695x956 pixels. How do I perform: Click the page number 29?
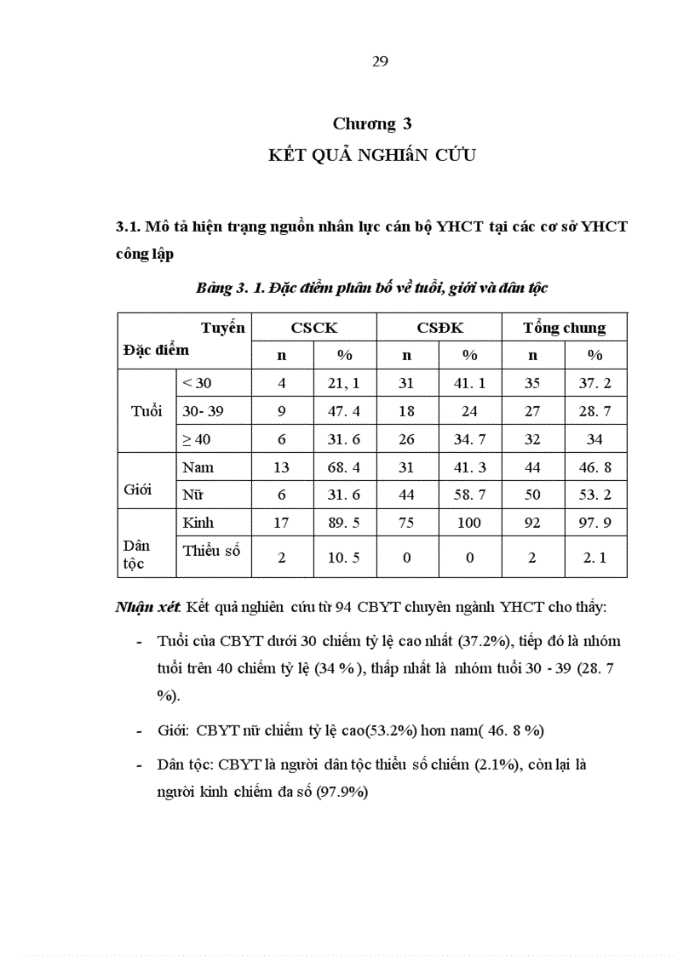(380, 61)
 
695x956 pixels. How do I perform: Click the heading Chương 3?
(365, 124)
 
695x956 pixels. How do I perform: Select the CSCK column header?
(313, 328)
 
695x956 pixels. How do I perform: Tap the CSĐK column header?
(439, 328)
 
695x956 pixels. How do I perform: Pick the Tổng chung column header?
(564, 328)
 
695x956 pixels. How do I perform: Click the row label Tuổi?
(146, 411)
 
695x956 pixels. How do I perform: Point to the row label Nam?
(198, 467)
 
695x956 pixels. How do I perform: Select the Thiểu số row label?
(211, 551)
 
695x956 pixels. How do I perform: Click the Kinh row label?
(198, 523)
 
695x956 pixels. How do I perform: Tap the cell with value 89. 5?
(344, 523)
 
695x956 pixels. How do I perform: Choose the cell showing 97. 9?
(594, 523)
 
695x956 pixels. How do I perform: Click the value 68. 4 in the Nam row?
(344, 467)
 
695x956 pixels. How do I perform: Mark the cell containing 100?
(469, 523)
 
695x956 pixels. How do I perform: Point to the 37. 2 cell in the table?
(594, 383)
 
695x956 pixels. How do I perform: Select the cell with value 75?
(406, 523)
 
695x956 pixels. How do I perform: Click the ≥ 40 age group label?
(197, 439)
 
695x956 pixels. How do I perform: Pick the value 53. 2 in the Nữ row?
(594, 495)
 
